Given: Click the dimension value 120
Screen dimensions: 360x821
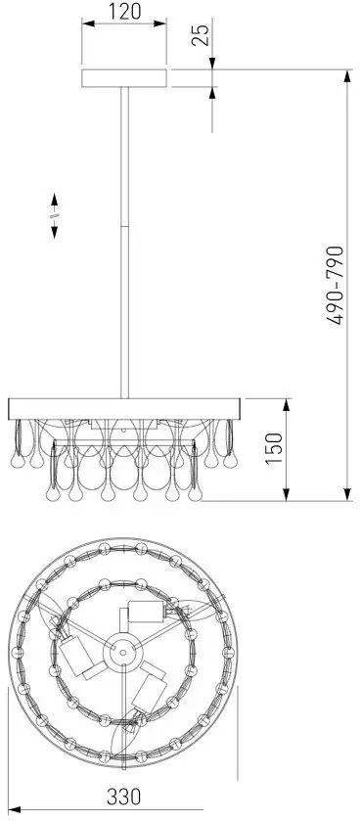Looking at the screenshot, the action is click(x=124, y=11).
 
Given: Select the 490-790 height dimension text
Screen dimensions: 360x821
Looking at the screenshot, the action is click(x=335, y=286).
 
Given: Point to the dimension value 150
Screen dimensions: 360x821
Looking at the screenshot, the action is click(x=274, y=449).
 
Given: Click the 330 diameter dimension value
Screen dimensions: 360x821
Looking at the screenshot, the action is click(x=124, y=797).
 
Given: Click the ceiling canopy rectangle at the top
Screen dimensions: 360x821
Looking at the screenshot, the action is click(x=124, y=78).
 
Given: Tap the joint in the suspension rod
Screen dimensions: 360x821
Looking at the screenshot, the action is click(x=124, y=226).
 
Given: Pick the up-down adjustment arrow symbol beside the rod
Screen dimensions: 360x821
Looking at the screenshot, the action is click(x=55, y=215).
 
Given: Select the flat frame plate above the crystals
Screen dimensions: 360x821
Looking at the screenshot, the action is click(x=124, y=408).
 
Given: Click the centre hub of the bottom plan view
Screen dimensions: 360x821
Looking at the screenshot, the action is click(x=122, y=652).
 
